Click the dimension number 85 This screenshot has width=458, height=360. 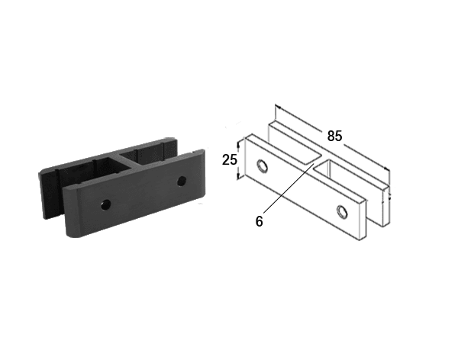(334, 136)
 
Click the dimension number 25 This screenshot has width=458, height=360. (230, 159)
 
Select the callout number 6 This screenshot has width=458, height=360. (259, 221)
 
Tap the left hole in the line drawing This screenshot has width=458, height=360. (263, 166)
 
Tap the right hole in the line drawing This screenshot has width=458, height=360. (342, 211)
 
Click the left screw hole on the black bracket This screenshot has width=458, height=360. (106, 204)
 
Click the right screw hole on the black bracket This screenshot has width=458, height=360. (182, 181)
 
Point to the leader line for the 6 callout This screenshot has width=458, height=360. (289, 188)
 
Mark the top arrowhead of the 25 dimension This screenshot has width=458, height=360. (238, 143)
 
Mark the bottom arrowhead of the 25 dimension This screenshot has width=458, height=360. (238, 176)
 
